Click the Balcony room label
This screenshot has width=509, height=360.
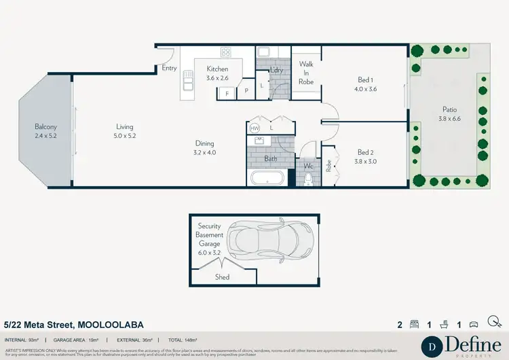pyautogui.click(x=46, y=131)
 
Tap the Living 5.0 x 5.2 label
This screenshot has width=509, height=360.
pyautogui.click(x=124, y=131)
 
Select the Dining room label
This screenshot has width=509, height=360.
pyautogui.click(x=205, y=148)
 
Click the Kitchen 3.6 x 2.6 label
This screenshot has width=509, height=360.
pyautogui.click(x=217, y=73)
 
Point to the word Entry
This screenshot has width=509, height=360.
pyautogui.click(x=169, y=69)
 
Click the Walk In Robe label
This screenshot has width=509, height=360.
pyautogui.click(x=306, y=73)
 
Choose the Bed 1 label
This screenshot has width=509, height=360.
pyautogui.click(x=364, y=84)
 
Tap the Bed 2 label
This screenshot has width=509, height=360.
pyautogui.click(x=365, y=157)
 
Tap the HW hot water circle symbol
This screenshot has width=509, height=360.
pyautogui.click(x=255, y=128)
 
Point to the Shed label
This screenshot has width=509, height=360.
pyautogui.click(x=222, y=277)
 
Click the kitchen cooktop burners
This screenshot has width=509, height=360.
pyautogui.click(x=226, y=52)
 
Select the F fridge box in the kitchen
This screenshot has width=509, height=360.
pyautogui.click(x=227, y=92)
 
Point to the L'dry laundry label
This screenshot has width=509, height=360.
pyautogui.click(x=276, y=69)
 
